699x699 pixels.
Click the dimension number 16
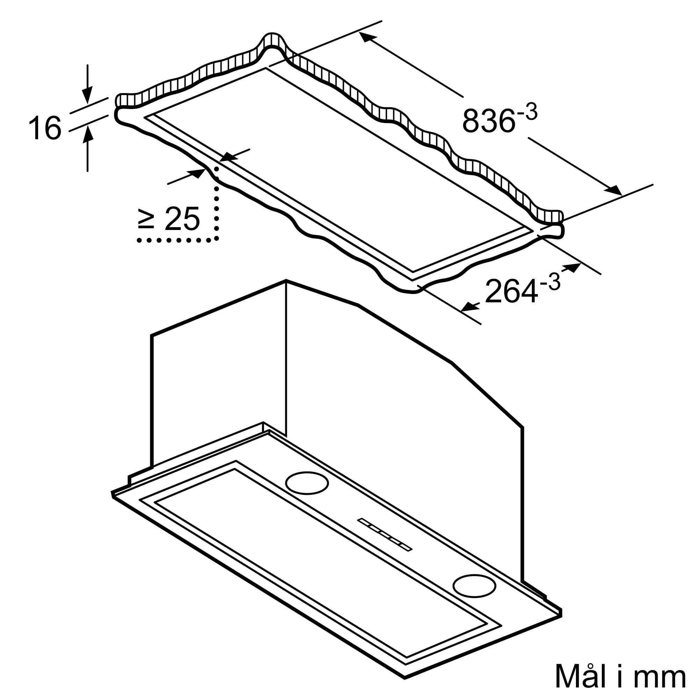[x=45, y=128]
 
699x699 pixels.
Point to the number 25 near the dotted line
[x=182, y=218]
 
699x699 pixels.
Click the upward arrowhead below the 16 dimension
[x=87, y=132]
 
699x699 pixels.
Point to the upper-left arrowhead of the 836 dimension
[x=368, y=37]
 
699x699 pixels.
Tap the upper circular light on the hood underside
[x=307, y=483]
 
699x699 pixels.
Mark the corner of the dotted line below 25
[x=216, y=239]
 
